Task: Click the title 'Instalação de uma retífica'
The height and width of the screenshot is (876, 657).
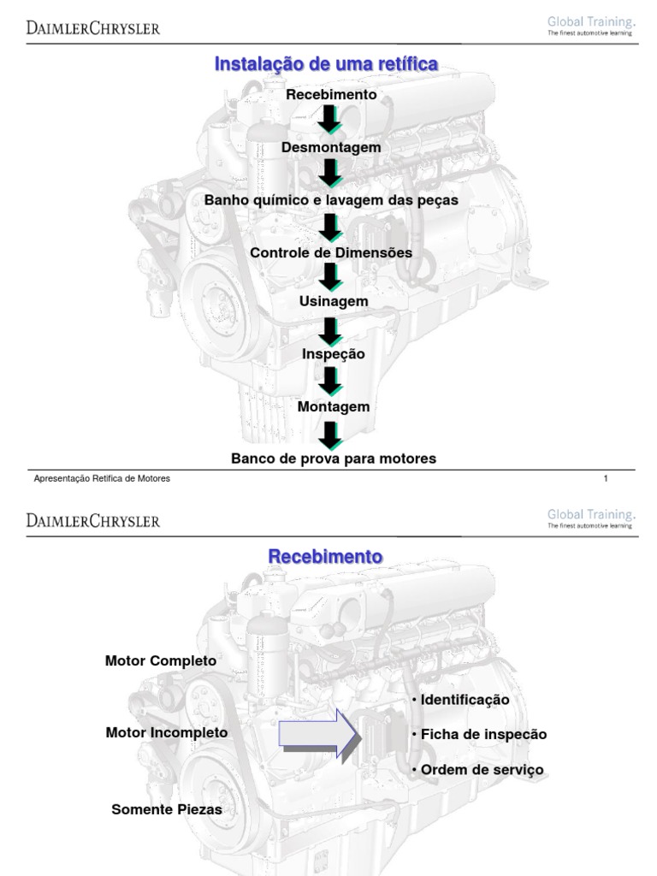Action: click(326, 64)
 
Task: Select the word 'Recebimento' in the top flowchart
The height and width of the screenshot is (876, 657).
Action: click(331, 95)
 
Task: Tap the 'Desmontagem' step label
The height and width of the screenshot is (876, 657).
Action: click(331, 147)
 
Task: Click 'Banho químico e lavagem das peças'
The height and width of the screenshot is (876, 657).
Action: click(331, 200)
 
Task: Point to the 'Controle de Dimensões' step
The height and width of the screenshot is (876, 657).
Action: click(331, 253)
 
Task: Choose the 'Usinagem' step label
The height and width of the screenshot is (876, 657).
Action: click(333, 301)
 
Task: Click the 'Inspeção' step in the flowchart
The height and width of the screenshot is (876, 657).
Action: click(333, 353)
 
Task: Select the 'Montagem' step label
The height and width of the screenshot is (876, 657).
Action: click(334, 406)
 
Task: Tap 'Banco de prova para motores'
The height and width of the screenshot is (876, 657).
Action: click(334, 459)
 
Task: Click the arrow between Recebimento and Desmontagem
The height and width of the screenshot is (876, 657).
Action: click(330, 121)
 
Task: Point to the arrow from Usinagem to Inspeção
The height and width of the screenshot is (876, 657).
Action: click(331, 328)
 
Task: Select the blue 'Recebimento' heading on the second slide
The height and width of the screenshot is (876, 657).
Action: click(325, 556)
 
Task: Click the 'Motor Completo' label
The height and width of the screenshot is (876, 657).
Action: click(161, 661)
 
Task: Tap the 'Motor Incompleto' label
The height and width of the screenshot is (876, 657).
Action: click(166, 732)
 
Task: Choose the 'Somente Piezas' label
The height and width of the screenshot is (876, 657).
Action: click(166, 808)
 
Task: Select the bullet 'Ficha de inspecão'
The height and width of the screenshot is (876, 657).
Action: click(479, 734)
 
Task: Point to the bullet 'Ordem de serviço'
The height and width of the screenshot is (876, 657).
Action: click(477, 770)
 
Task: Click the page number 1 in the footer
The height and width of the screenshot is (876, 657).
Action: click(606, 479)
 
